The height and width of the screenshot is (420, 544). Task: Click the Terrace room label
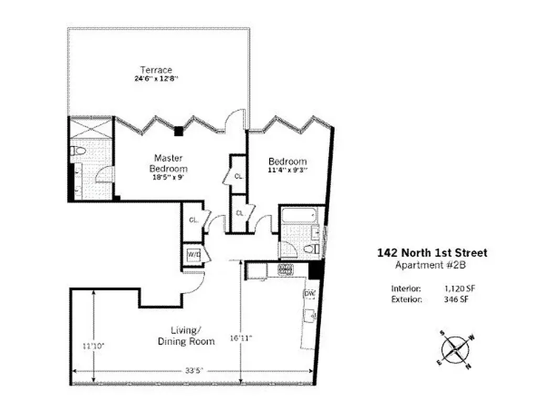point(156,70)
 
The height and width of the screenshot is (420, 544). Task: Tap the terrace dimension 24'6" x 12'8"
point(156,79)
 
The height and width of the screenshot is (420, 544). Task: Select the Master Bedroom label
point(168,163)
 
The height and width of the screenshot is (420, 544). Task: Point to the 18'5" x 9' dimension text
point(168,177)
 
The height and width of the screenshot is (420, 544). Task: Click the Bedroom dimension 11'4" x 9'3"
point(287,170)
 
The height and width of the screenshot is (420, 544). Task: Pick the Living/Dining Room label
point(186,336)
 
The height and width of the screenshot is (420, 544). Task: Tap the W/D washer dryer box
point(194,255)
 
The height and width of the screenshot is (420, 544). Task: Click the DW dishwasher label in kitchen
point(309,293)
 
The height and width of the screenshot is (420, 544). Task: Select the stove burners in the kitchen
point(284,270)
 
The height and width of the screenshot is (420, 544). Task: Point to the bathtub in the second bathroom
point(297,215)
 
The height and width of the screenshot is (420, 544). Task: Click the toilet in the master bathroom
point(78,151)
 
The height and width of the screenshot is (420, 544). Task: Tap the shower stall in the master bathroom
point(91,128)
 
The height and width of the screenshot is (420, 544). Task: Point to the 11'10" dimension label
point(94,346)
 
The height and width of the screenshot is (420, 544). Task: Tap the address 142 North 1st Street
point(432,253)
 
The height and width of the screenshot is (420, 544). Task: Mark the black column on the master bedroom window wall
point(179,131)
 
